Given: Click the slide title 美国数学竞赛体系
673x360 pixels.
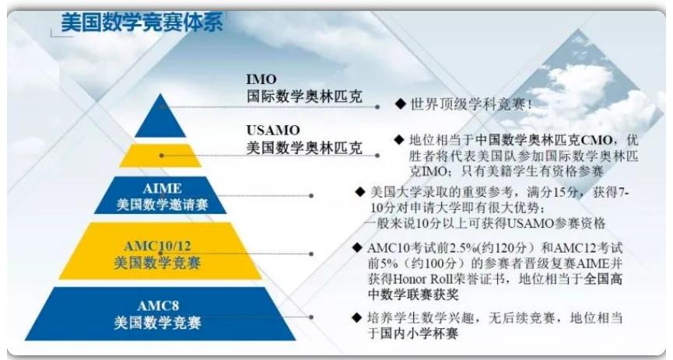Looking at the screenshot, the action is coord(142,22).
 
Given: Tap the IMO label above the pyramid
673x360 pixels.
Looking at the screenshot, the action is coord(261,79).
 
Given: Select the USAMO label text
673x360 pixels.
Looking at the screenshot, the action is coord(273,131).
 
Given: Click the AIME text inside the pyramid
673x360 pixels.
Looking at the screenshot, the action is coord(163,188).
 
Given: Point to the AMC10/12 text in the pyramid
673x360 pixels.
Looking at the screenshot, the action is coord(157,246).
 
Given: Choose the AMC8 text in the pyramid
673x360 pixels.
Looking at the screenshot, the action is coord(158,306).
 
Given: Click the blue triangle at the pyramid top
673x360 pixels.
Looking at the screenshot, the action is coord(160,116).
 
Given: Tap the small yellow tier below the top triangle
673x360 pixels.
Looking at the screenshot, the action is coord(160,156).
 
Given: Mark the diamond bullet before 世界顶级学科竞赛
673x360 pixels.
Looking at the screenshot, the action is coord(401,103).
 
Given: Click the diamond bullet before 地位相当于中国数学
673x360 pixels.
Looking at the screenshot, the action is coord(399,139).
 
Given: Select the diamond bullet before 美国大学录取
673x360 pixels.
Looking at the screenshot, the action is coord(360,191).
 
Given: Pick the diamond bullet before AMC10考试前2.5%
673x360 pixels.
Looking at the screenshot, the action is coord(357,247).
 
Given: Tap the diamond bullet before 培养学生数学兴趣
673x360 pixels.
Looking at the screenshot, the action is coord(356,317).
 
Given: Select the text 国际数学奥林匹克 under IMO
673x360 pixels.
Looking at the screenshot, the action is coord(304,96).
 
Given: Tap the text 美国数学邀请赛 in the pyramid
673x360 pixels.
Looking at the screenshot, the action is coord(163,204).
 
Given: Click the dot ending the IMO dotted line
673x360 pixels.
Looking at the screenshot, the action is coord(377,107).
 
